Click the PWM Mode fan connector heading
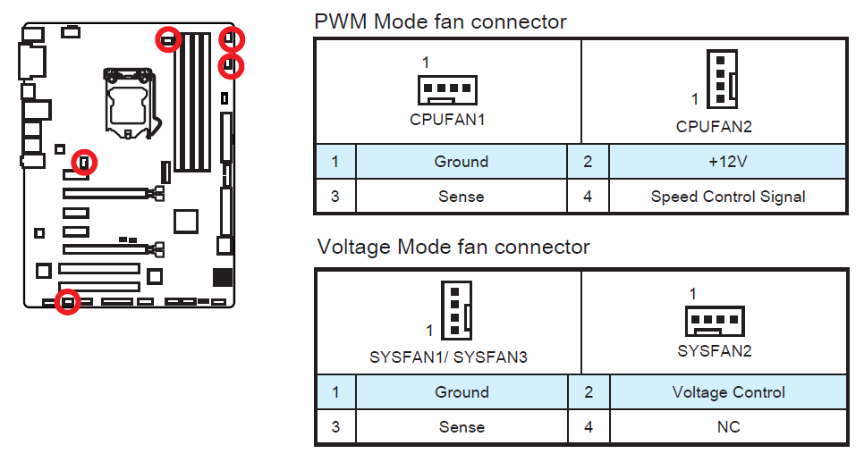tap(440, 21)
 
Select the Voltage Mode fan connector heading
tap(453, 247)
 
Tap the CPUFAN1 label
tap(447, 119)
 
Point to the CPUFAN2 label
tap(714, 127)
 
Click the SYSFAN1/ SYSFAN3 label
tap(448, 357)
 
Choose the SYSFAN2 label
tap(714, 351)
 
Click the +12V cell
tap(727, 162)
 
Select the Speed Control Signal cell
tap(727, 197)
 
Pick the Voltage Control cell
tap(728, 392)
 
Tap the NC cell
tap(728, 427)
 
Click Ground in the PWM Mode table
tap(461, 162)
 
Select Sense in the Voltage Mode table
tap(461, 427)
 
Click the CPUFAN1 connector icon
tap(447, 88)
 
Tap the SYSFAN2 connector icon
tap(714, 320)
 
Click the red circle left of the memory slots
tap(167, 38)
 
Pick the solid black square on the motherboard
tap(223, 278)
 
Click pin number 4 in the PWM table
tap(588, 197)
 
